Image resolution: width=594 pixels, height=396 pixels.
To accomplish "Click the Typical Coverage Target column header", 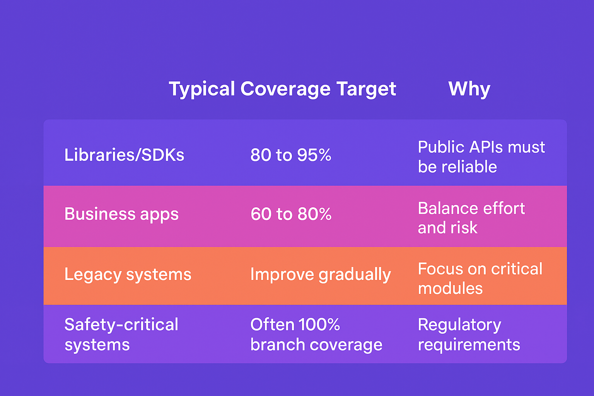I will coord(282,89).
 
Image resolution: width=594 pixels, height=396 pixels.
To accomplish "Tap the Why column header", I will coord(469,89).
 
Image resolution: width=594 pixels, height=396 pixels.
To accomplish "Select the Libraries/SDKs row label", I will coord(124,155).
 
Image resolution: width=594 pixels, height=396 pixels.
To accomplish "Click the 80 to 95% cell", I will coord(291,155).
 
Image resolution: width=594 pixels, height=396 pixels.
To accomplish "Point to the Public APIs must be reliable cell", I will coord(481,157).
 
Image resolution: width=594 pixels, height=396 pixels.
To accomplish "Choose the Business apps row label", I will coord(121,214).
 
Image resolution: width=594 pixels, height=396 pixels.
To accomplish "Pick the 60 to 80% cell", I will coord(291,214).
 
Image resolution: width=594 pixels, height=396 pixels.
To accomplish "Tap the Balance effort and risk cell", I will coord(471,218).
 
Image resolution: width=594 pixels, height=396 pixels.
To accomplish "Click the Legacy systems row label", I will coord(128,275).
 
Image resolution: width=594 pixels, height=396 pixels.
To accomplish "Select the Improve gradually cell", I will coord(320,275).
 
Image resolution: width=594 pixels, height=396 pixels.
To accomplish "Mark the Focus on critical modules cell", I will coord(480,279).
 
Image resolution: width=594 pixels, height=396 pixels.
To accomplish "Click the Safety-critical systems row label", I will coord(121,335).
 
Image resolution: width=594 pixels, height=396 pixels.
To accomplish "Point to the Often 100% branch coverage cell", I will coord(316,335).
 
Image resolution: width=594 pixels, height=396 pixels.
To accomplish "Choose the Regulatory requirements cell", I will coord(469,335).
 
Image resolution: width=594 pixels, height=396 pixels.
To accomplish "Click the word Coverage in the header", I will coord(285,89).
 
